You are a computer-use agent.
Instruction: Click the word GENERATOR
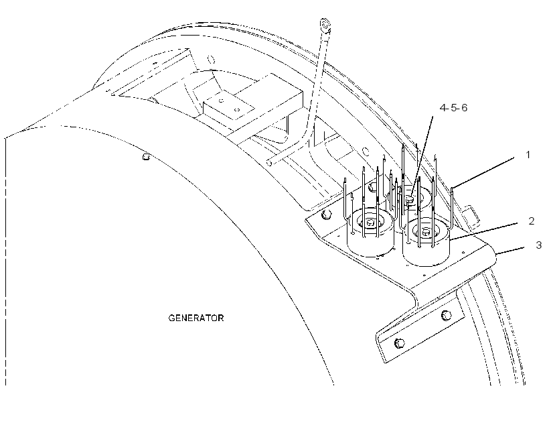tap(195, 318)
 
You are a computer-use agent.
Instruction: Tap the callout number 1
tap(528, 155)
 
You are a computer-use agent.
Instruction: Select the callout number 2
tap(532, 221)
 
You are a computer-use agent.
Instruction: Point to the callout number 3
tap(539, 245)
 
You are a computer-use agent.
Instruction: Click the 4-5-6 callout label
tap(453, 108)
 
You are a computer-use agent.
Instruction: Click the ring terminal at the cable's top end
tap(325, 25)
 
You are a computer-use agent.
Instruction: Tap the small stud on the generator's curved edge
tap(147, 156)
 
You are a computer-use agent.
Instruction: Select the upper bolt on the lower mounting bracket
tap(446, 315)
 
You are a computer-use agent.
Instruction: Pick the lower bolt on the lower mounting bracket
tap(399, 343)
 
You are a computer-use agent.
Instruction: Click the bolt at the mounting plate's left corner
tap(326, 215)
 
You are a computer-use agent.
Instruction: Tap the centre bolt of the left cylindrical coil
tap(370, 223)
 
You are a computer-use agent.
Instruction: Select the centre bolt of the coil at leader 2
tap(426, 232)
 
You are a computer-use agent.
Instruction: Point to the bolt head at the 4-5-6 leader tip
tap(410, 200)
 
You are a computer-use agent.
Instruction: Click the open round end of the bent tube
tap(269, 163)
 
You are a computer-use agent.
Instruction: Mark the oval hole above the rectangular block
tap(211, 59)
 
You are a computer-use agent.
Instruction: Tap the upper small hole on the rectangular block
tap(221, 101)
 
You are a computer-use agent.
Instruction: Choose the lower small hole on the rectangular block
tap(237, 110)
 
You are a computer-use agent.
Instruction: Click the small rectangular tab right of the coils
tap(470, 216)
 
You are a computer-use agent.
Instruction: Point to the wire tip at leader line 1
tap(452, 188)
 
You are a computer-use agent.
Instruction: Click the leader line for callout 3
tap(510, 250)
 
